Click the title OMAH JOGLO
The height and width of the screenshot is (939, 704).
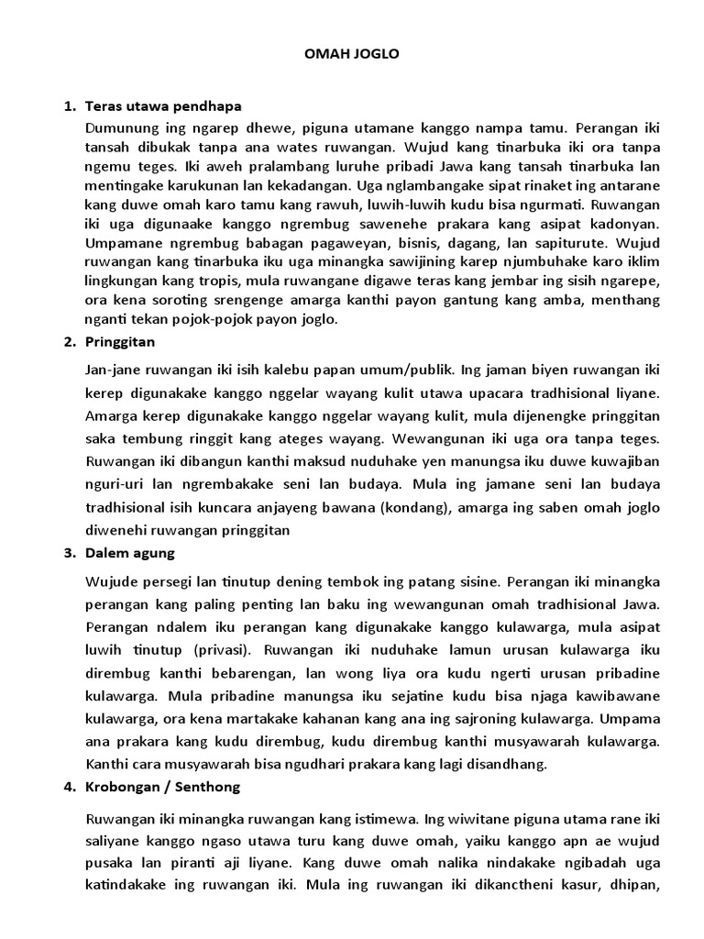[352, 55]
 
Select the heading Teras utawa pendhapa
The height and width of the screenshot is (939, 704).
[162, 106]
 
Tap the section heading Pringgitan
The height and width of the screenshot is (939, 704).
[120, 342]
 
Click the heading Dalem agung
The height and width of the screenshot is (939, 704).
[128, 554]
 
